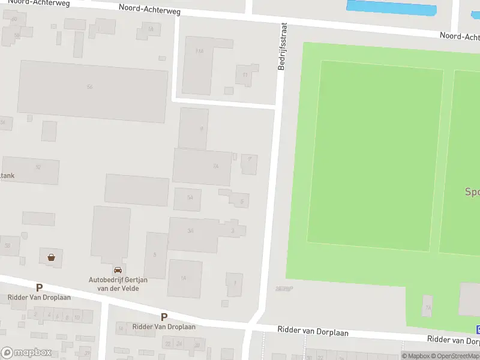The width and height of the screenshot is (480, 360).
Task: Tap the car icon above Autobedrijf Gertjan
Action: pyautogui.click(x=118, y=270)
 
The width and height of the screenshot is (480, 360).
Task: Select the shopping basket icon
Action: pyautogui.click(x=52, y=257)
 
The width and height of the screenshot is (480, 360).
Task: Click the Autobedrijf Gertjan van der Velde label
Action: pyautogui.click(x=114, y=284)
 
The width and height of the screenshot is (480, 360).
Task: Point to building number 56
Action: pyautogui.click(x=90, y=88)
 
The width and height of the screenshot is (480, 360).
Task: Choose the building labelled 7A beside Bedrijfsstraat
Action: pyautogui.click(x=214, y=166)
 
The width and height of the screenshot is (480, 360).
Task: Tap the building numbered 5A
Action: pyautogui.click(x=190, y=197)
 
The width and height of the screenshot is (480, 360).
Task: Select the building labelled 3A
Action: pyautogui.click(x=190, y=230)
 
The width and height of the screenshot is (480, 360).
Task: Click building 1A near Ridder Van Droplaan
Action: pyautogui.click(x=184, y=278)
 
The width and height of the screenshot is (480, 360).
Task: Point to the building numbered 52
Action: pyautogui.click(x=38, y=167)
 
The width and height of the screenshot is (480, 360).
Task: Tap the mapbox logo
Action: pyautogui.click(x=26, y=353)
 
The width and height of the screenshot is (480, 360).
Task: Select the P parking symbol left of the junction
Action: pyautogui.click(x=40, y=288)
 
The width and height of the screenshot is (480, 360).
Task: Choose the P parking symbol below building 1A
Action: pyautogui.click(x=164, y=317)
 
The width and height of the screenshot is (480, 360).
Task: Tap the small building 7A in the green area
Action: pyautogui.click(x=427, y=307)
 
